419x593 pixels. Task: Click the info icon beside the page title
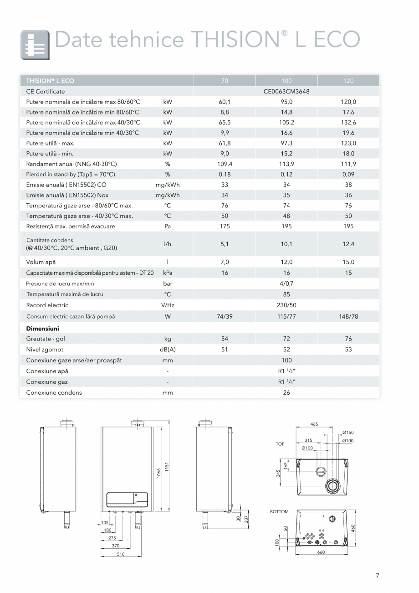(35, 45)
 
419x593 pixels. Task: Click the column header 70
(225, 81)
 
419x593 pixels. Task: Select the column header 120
(348, 81)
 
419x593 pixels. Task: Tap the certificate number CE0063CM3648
(286, 91)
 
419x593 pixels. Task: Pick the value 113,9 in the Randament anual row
(286, 164)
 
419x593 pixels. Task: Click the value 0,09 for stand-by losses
(348, 174)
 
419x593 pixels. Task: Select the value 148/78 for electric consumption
(348, 316)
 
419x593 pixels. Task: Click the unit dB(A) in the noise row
(168, 350)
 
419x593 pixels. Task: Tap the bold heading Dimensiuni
(42, 328)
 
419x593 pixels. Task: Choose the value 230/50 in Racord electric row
(286, 305)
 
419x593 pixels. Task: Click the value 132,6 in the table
(348, 122)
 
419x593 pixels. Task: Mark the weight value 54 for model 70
(225, 339)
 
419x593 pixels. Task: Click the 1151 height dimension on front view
(167, 467)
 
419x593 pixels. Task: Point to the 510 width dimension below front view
(121, 554)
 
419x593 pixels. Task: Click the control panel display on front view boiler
(127, 500)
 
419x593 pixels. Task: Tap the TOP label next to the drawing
(280, 444)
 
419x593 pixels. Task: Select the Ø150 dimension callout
(347, 433)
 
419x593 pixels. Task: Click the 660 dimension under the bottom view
(321, 552)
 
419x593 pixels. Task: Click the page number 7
(377, 576)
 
